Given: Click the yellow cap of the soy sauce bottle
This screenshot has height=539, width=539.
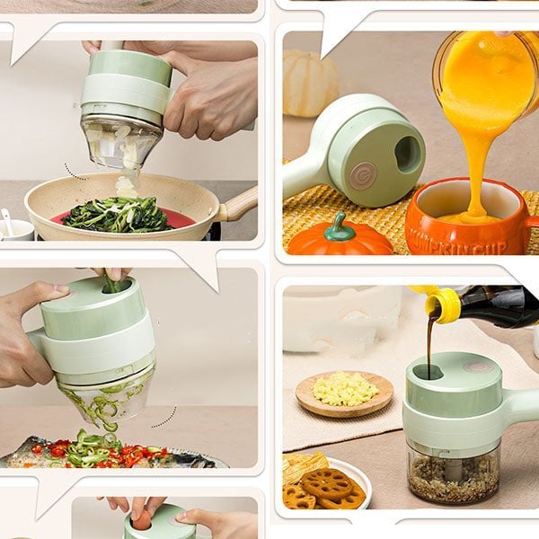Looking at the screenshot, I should click(x=442, y=304).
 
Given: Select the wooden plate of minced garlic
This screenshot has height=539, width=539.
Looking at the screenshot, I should click(x=344, y=392).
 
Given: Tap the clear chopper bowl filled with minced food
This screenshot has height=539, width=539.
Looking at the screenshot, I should click(x=454, y=471).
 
